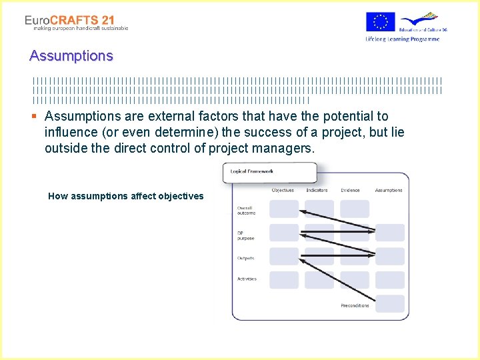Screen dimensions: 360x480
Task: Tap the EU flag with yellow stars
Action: [380, 22]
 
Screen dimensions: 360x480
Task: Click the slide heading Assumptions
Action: [71, 56]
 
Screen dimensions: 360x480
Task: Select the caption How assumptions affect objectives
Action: [126, 196]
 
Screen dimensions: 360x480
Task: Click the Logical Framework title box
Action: [269, 172]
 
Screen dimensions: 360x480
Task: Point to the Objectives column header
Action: [283, 191]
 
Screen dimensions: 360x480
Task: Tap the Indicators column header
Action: [317, 191]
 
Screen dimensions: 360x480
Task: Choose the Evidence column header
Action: [351, 191]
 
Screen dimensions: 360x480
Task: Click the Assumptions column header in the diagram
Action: [389, 191]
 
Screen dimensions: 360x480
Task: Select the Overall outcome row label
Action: [245, 211]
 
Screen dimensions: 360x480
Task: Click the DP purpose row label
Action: [245, 235]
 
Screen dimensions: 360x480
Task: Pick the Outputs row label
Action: [245, 258]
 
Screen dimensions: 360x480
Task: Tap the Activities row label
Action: [247, 279]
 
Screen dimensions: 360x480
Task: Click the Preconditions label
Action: [355, 305]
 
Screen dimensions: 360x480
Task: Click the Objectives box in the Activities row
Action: [284, 279]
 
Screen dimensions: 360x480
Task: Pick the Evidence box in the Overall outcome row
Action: [354, 209]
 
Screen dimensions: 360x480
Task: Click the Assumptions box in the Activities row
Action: [389, 279]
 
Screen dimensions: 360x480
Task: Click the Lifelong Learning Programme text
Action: [402, 39]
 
